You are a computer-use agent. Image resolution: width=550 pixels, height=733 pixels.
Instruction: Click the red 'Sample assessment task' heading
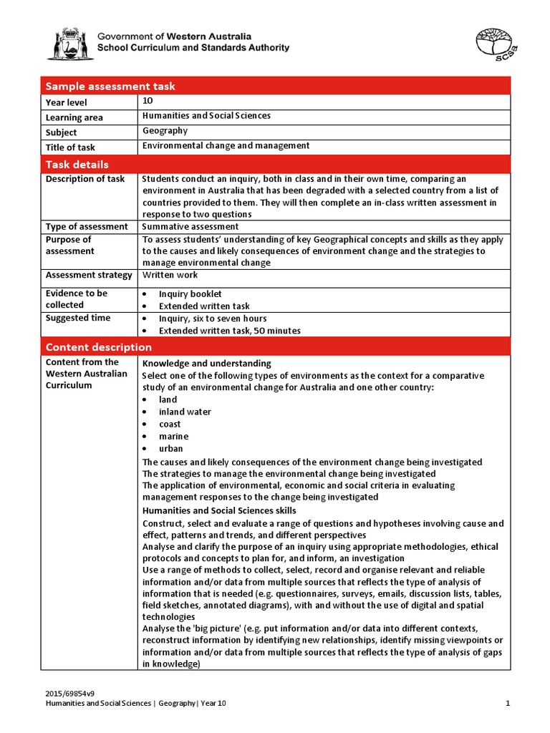coord(110,87)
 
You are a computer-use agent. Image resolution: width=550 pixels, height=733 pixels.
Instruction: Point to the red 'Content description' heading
coord(99,347)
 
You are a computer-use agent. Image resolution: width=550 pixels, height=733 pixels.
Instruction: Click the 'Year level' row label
coord(66,103)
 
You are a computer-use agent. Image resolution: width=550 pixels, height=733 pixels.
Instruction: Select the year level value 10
coord(148,102)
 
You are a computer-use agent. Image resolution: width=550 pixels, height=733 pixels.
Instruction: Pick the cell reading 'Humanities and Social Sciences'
coord(206,116)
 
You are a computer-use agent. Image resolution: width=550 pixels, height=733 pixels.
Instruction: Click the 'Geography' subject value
coord(165,131)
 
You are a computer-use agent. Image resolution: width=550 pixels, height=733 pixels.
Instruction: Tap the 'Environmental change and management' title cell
coord(226,146)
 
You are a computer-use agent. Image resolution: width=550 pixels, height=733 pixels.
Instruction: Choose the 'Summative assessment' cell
coord(190,227)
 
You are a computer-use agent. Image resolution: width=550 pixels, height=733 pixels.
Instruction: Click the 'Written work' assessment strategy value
coord(170,275)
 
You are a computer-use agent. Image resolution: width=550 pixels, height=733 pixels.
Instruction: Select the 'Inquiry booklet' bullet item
coord(190,294)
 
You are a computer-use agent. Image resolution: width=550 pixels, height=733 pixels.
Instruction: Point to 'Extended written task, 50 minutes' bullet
coord(229,331)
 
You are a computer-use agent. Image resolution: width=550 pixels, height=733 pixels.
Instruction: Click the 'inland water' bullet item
coord(185,412)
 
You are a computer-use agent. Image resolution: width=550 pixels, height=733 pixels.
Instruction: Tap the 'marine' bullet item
coord(173,437)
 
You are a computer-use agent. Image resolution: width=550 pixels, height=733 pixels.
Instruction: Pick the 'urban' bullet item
coord(170,449)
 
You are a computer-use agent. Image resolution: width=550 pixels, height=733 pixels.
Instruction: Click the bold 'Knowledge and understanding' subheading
coord(206,364)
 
